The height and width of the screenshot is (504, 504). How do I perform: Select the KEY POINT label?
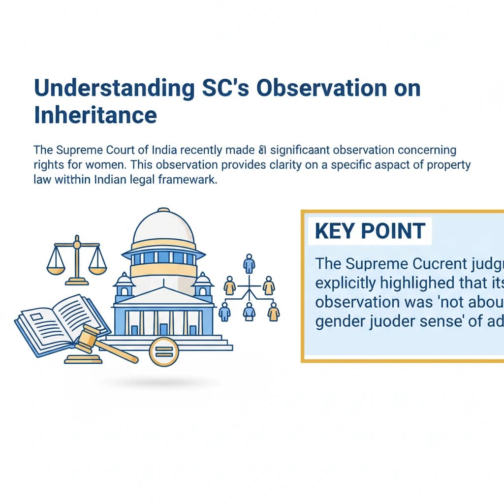point(370,231)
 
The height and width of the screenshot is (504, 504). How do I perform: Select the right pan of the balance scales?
point(97,268)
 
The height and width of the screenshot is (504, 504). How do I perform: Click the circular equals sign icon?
point(163,352)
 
